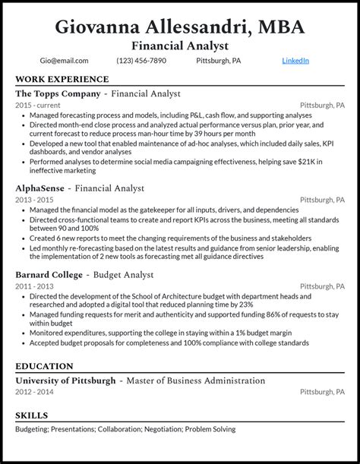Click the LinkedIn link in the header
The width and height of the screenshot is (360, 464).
(295, 61)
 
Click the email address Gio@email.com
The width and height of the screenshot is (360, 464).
(65, 61)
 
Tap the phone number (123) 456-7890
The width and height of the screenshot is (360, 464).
(141, 61)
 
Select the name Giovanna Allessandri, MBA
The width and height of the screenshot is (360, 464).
(180, 27)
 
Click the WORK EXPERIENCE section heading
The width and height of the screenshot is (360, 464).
(62, 79)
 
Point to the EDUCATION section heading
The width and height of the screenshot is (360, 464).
(44, 365)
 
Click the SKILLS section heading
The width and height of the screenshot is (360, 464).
(31, 415)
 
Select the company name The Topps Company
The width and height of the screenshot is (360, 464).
(58, 93)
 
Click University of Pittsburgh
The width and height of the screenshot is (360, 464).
(65, 380)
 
